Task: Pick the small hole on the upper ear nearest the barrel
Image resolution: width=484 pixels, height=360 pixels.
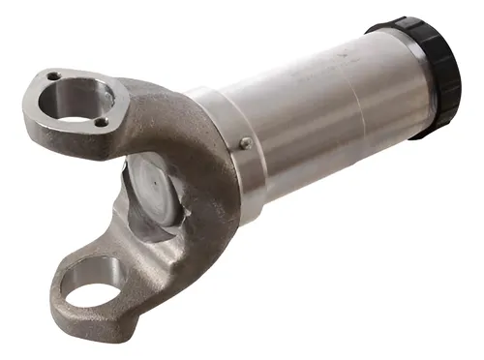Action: pyautogui.click(x=101, y=122)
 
